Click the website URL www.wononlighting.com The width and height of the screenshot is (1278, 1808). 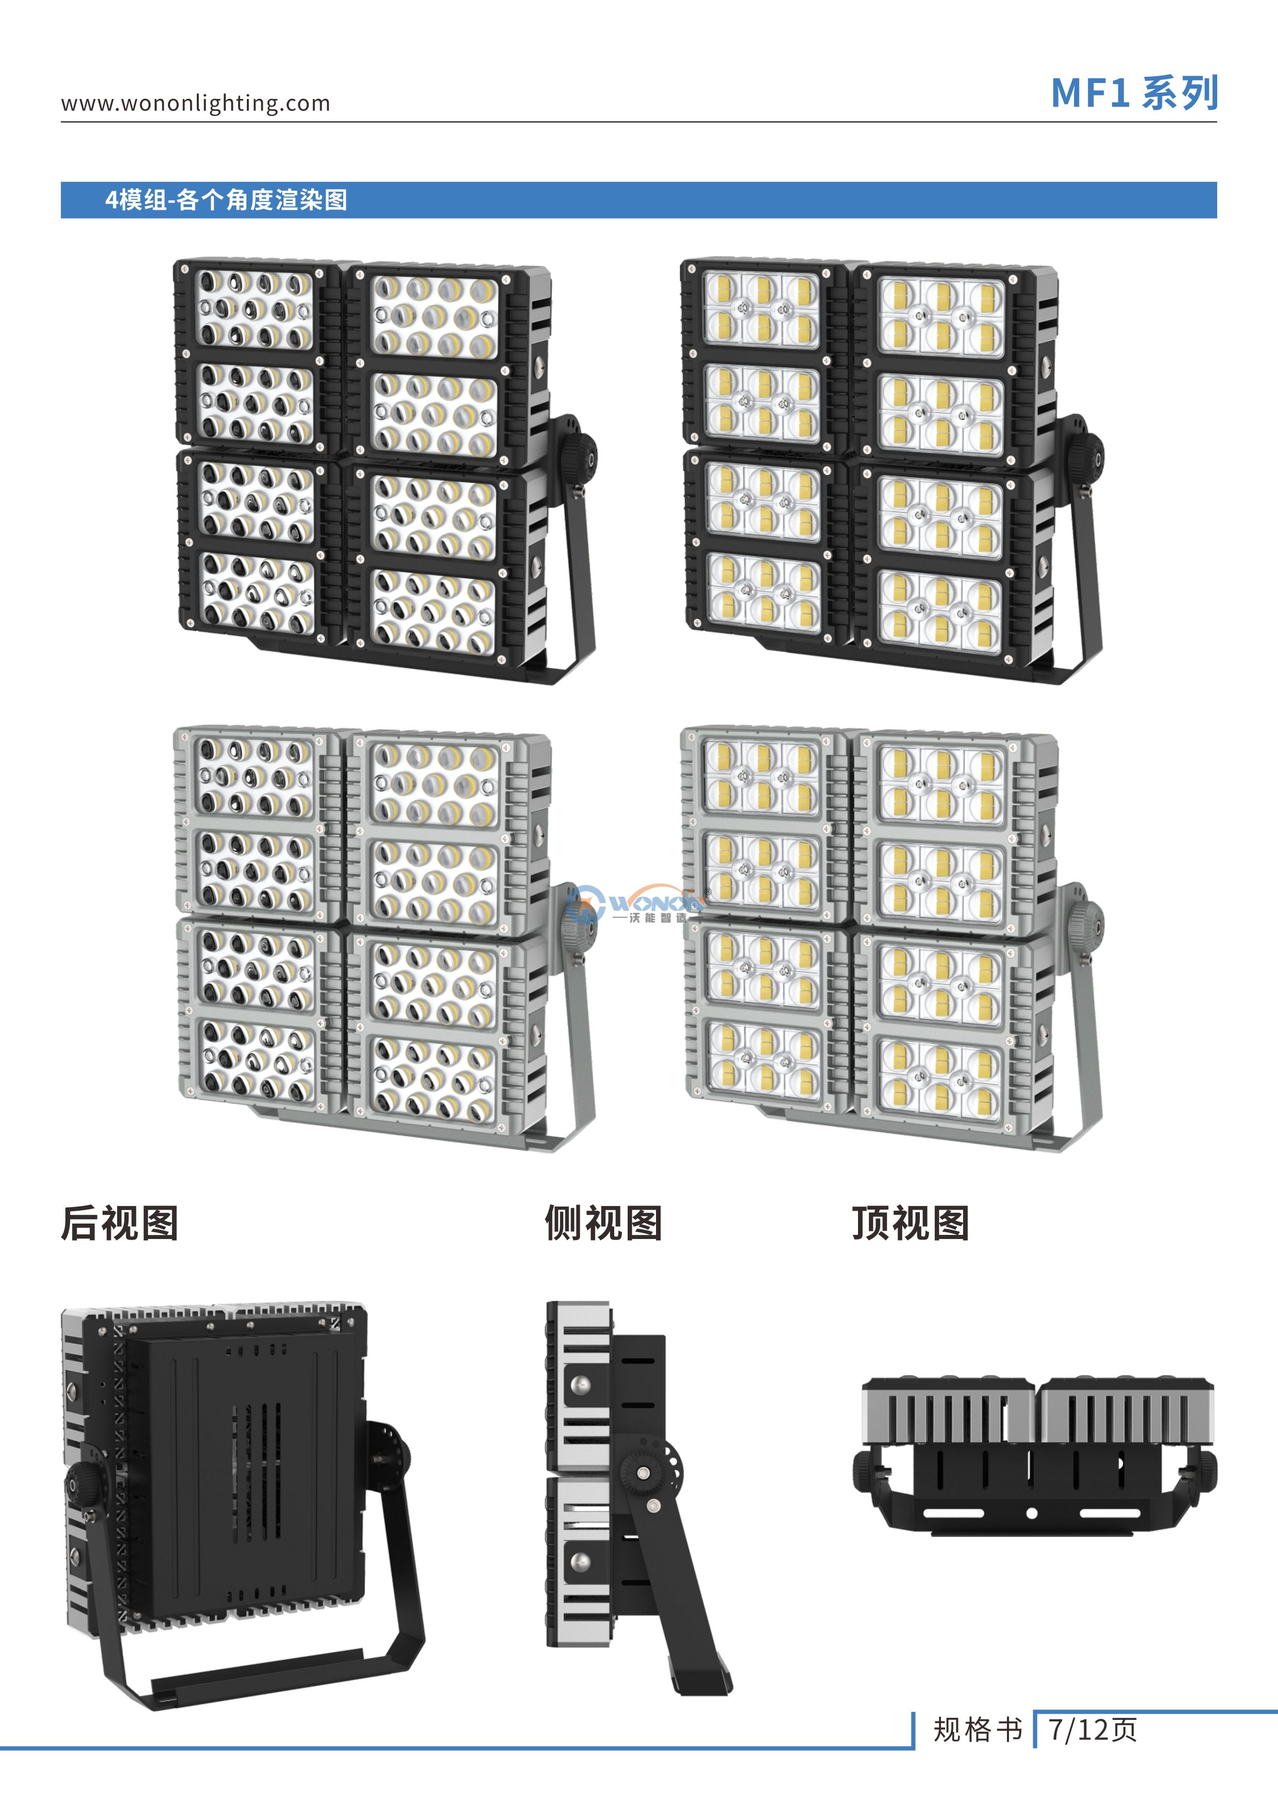195,103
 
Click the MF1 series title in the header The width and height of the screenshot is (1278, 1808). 1134,93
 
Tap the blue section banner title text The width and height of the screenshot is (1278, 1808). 227,200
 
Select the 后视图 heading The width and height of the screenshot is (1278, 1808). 120,1224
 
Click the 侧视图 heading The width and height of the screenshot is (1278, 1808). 603,1224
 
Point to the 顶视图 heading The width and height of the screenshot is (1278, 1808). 910,1224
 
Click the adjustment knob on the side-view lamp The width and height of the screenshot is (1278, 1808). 644,1472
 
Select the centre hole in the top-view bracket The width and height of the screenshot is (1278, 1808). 1032,1514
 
